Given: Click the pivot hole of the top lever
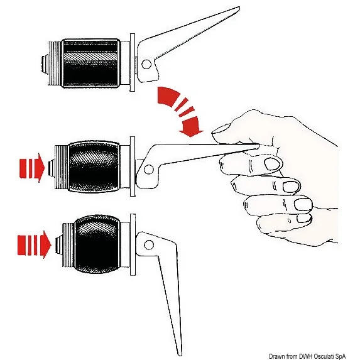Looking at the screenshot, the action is click(146, 64).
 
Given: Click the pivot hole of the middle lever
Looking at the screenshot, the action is click(148, 170).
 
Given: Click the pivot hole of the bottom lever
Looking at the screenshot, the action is click(149, 245).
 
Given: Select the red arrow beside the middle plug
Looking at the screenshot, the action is click(31, 168).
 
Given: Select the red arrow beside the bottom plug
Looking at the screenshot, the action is click(34, 245).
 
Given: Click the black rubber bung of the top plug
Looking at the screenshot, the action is click(90, 63).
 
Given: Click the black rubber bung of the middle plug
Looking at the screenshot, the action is click(94, 166).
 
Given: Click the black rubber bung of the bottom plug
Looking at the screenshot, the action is click(97, 244).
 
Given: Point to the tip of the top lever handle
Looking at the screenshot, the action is click(239, 8).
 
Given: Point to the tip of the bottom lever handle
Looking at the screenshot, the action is click(180, 354).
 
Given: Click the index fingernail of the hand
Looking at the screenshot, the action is click(272, 164).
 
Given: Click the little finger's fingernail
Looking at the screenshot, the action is click(303, 219).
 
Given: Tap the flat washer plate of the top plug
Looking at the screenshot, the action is click(133, 62).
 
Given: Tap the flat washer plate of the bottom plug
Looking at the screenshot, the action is click(133, 244).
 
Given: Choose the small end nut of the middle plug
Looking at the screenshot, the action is click(52, 167).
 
